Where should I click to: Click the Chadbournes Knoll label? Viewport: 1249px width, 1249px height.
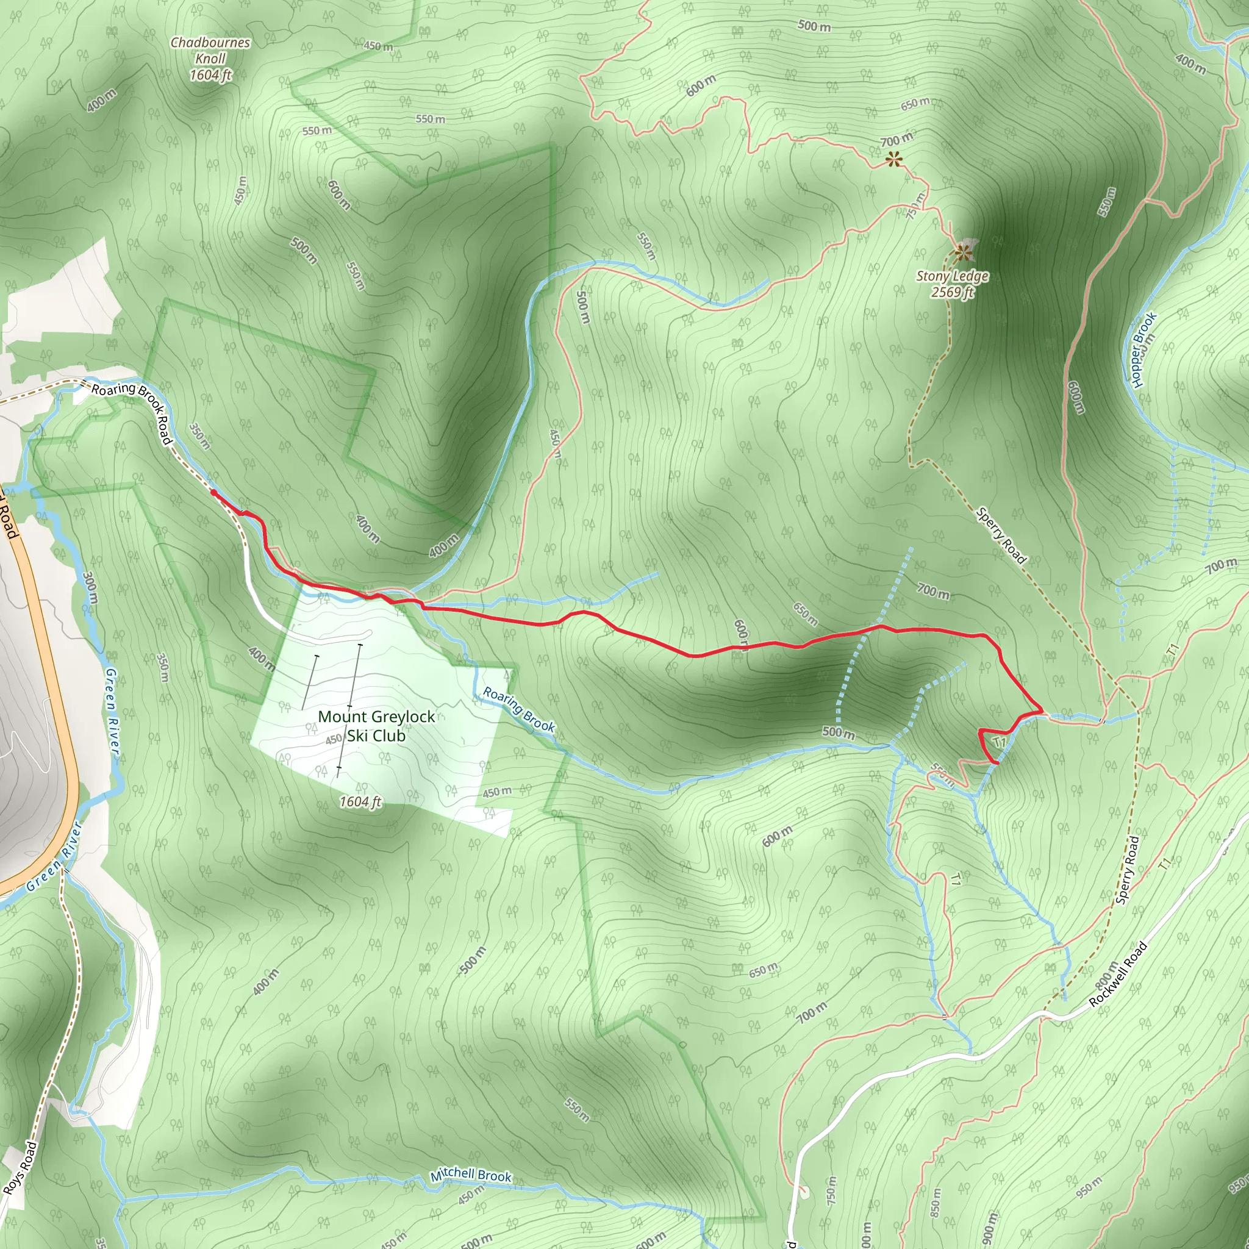(210, 51)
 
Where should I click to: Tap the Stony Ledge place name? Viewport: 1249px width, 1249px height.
(952, 276)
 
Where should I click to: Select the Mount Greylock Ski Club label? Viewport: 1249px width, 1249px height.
(376, 726)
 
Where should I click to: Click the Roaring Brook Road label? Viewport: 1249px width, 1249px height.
(132, 412)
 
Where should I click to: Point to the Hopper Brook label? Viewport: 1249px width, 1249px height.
(1143, 349)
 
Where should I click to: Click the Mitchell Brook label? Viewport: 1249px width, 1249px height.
(471, 1175)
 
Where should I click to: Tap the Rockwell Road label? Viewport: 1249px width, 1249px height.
(1118, 974)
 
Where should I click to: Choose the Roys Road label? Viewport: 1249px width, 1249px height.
(20, 1168)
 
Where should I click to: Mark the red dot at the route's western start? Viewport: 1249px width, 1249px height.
(213, 493)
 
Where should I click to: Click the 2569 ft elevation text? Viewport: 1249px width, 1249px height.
(952, 292)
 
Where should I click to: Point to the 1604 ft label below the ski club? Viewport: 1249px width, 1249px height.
(361, 801)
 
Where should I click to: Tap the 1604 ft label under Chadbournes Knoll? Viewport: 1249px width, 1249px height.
(210, 75)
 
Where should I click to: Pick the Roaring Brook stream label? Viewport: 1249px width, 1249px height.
(519, 710)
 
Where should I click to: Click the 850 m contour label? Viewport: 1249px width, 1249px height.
(936, 1202)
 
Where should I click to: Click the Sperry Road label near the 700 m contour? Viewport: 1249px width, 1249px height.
(1001, 535)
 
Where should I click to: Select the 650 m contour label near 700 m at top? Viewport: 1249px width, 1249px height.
(916, 103)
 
